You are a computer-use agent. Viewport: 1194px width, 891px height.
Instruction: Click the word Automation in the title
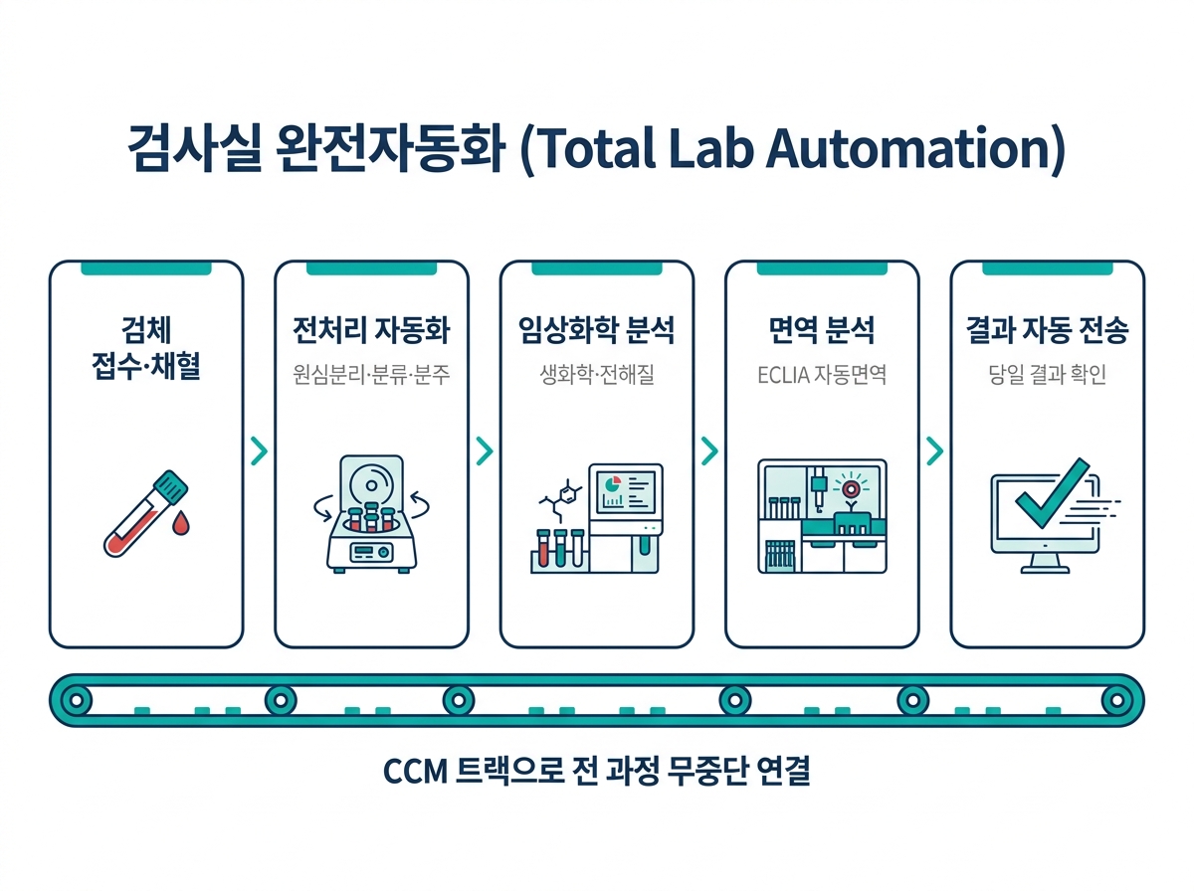coord(915,148)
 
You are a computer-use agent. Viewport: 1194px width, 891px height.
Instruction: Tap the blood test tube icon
coord(146,513)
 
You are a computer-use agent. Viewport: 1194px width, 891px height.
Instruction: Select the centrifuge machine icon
coord(371,514)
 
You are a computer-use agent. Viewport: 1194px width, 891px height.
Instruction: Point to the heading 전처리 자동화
coord(371,330)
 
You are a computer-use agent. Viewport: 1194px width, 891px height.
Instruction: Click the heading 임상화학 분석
coord(597,330)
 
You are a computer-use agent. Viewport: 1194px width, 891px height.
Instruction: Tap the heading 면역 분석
coord(822,330)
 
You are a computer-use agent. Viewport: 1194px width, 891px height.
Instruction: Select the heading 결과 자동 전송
coord(1047,330)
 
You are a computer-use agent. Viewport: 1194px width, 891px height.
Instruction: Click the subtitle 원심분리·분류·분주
coord(371,375)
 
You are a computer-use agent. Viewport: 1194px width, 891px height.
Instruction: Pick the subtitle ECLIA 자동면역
coord(822,375)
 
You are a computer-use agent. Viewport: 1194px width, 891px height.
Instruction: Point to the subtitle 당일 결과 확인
coord(1047,375)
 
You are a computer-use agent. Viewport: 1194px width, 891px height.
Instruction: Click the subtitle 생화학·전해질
coord(597,375)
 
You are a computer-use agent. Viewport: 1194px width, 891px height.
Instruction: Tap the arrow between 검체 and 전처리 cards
coord(260,450)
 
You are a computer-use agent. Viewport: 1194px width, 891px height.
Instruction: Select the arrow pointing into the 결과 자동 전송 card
coord(935,450)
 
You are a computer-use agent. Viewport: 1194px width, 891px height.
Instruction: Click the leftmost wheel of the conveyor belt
coord(77,700)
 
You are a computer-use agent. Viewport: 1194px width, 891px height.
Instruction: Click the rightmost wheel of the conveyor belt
coord(1116,700)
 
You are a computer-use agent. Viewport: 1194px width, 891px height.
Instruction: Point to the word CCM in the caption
coord(416,772)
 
